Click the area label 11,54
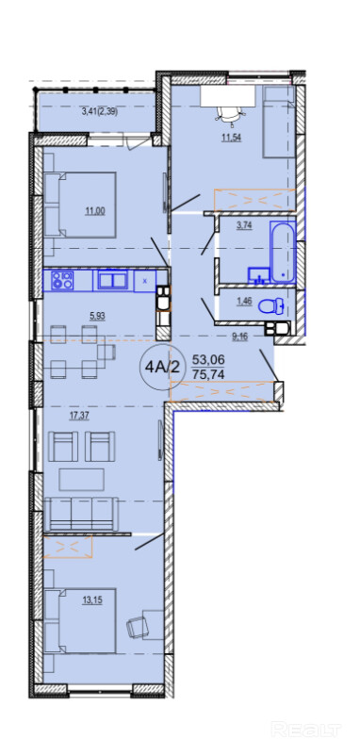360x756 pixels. pyautogui.click(x=230, y=137)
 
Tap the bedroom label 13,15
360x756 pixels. pyautogui.click(x=92, y=600)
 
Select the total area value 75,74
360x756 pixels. pyautogui.click(x=209, y=374)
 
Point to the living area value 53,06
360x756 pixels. pyautogui.click(x=209, y=359)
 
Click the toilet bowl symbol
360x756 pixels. pyautogui.click(x=270, y=306)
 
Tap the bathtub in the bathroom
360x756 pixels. pyautogui.click(x=282, y=252)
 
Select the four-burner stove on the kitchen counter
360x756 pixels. pyautogui.click(x=63, y=281)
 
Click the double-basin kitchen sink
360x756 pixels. pyautogui.click(x=113, y=280)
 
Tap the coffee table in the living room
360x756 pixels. pyautogui.click(x=81, y=479)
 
